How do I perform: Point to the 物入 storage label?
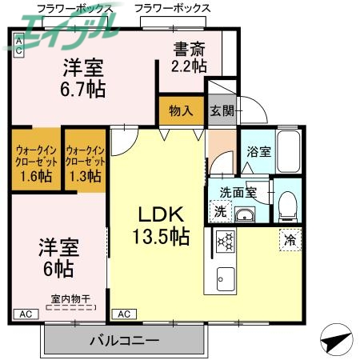(x=181, y=110)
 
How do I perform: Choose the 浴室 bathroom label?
(x=258, y=150)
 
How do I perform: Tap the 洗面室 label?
(x=238, y=192)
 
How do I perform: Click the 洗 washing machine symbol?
(x=220, y=211)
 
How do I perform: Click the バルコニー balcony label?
(x=125, y=340)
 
